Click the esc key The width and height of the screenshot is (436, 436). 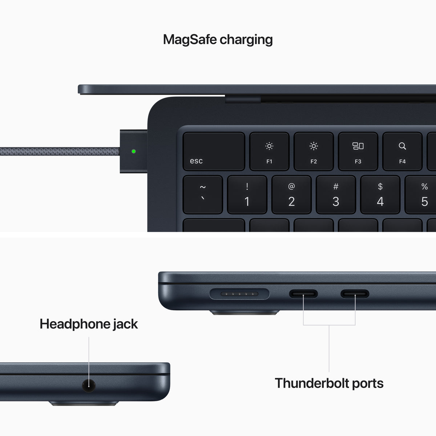click(214, 151)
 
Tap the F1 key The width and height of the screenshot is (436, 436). click(269, 151)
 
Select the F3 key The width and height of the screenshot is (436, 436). click(358, 151)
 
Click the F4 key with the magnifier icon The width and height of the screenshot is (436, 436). click(402, 151)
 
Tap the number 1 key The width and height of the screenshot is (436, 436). click(247, 195)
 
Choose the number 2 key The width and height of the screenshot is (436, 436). click(291, 195)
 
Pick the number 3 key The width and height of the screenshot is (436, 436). click(336, 195)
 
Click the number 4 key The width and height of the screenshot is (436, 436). click(380, 195)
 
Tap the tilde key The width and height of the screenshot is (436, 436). click(203, 195)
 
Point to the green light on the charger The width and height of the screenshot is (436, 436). click(134, 151)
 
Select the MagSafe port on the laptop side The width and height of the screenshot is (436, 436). click(240, 294)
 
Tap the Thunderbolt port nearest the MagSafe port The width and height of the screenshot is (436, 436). click(303, 294)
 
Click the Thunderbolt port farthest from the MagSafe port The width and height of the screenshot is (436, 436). click(355, 294)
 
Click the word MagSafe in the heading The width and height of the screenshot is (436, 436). click(190, 39)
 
